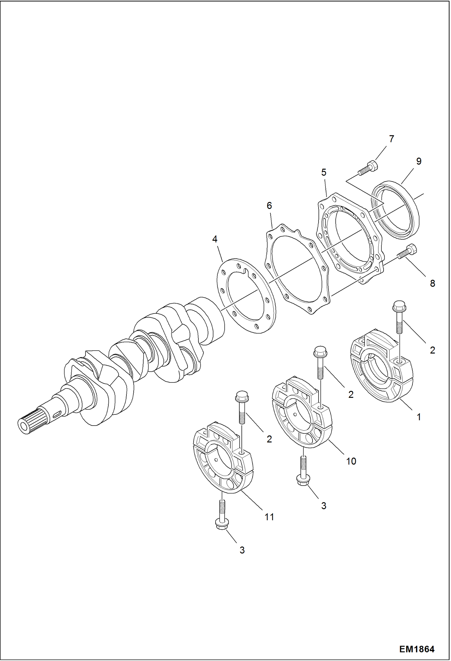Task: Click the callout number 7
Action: pos(391,139)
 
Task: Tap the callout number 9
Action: pos(418,161)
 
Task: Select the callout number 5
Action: pos(324,172)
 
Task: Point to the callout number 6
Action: pos(269,206)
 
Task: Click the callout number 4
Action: pos(215,239)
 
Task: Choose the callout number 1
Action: pos(418,417)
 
